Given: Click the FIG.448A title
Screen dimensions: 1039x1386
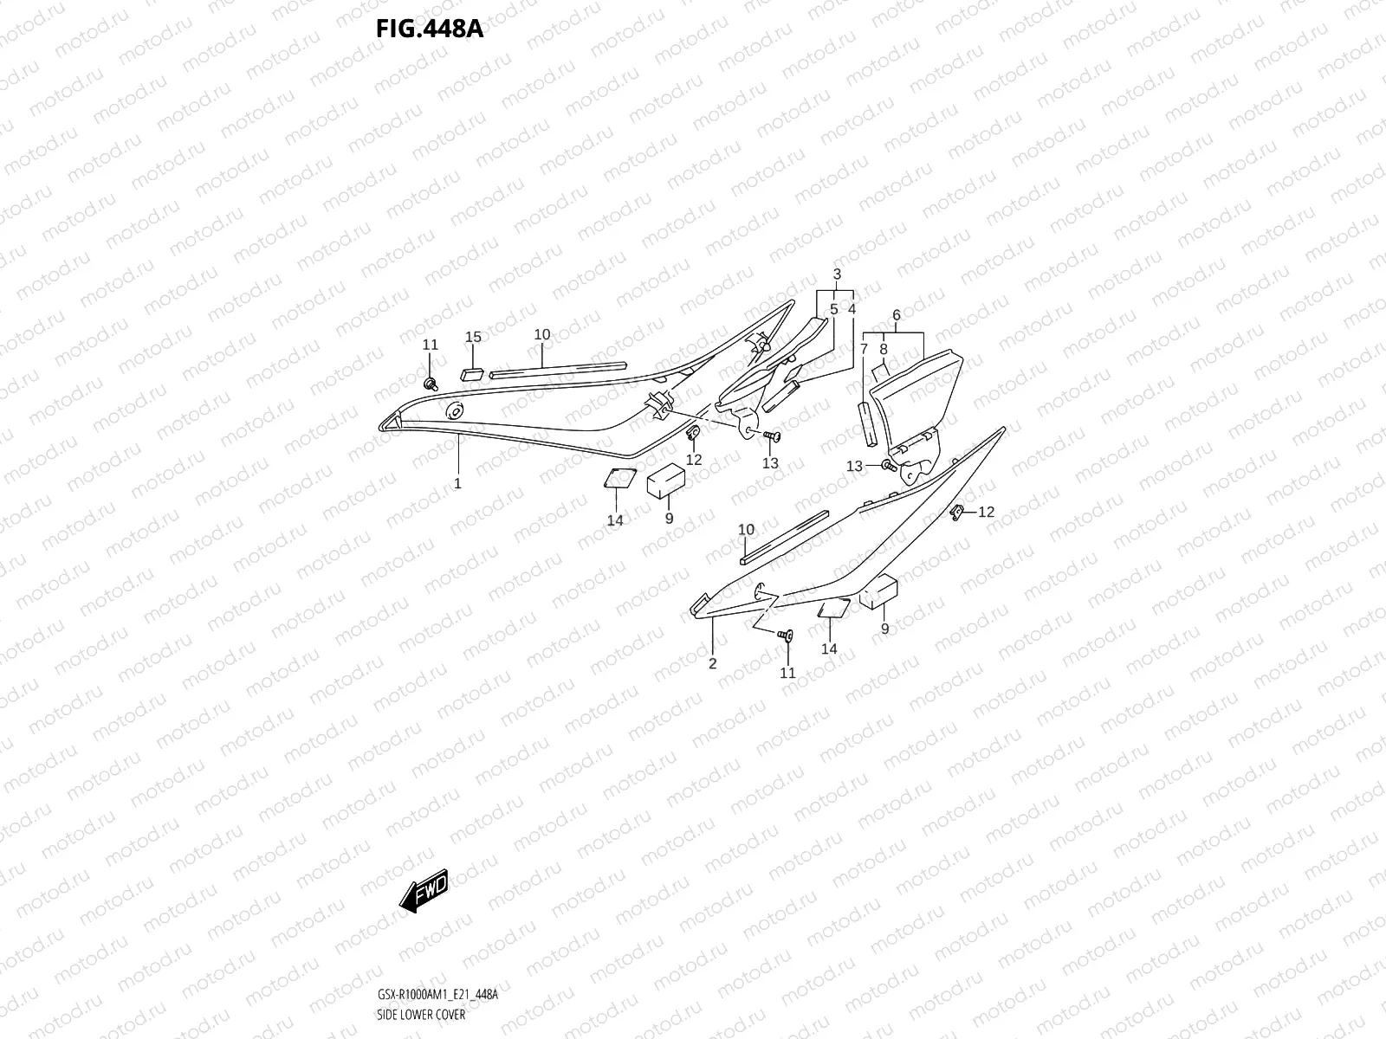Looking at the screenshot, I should tap(429, 29).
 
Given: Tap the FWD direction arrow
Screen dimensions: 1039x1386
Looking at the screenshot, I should tap(424, 889).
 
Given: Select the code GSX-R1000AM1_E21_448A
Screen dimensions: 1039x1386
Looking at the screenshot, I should tap(437, 995).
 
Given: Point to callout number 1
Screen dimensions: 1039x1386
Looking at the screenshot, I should tap(458, 483).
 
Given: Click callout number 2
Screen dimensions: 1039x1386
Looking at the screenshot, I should tap(713, 664).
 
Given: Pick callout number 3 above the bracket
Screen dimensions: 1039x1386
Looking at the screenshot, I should tap(837, 274).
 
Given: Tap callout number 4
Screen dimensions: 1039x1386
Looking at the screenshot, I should tap(852, 308).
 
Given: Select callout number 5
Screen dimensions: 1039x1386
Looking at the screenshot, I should tap(833, 308).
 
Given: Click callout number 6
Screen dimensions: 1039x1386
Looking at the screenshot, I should tap(897, 315).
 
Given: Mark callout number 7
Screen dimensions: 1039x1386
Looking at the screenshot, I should tap(864, 349).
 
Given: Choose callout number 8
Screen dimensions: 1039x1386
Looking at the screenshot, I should tap(884, 349).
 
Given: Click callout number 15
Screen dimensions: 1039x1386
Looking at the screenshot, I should tap(473, 337).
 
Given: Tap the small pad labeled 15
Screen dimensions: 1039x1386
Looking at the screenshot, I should tap(473, 373).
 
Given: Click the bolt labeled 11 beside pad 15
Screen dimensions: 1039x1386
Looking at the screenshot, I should tap(430, 382).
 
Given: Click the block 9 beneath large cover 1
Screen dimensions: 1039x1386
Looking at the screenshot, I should tap(666, 480).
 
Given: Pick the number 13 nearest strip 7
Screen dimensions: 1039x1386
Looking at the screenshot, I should tap(854, 467).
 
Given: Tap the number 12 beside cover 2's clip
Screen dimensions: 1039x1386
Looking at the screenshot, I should tap(987, 513).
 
